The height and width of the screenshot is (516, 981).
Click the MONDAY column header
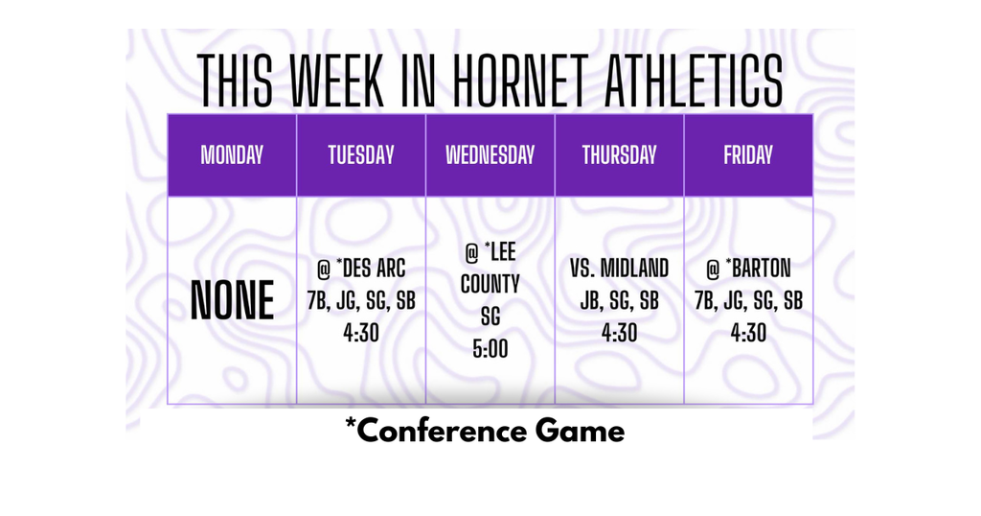click(232, 155)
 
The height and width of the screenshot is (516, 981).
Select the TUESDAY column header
click(361, 155)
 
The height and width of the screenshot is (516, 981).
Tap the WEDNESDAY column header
click(490, 155)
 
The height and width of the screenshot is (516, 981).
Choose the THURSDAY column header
click(619, 155)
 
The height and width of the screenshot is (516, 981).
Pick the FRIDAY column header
click(748, 155)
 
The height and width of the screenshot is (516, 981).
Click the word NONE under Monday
click(232, 301)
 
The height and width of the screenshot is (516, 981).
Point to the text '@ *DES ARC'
click(361, 268)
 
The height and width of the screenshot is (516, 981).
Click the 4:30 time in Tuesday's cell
click(361, 333)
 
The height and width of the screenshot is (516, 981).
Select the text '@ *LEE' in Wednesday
click(490, 252)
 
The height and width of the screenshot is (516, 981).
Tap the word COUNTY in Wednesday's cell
click(490, 285)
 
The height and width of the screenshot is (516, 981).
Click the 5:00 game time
click(490, 349)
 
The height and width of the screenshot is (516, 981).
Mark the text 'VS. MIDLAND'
click(619, 268)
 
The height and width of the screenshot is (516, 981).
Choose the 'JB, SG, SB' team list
click(619, 300)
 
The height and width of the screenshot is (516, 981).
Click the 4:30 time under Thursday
click(619, 333)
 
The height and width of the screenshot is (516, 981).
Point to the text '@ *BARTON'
click(748, 268)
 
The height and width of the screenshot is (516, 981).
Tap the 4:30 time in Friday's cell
click(748, 333)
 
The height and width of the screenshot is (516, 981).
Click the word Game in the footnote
click(580, 431)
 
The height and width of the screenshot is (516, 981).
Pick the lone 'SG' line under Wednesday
click(490, 317)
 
